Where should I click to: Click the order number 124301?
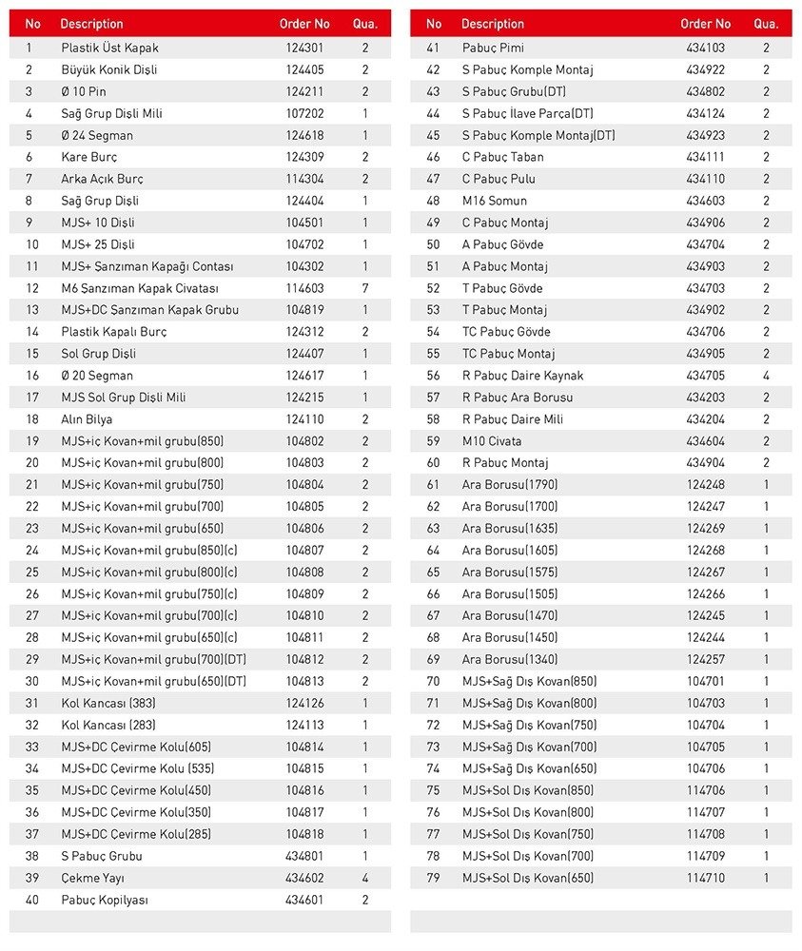pos(304,48)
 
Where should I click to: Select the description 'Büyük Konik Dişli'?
pos(109,69)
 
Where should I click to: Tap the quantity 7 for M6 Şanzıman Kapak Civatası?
pos(365,288)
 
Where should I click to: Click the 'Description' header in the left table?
pos(91,24)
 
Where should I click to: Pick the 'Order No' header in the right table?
pos(706,24)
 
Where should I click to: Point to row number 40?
pos(32,900)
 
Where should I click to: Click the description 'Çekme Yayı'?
pos(92,878)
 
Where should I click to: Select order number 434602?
pos(304,878)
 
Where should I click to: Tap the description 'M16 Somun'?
pos(495,201)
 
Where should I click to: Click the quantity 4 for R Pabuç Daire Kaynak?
pos(766,376)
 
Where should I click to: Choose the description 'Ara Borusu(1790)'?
pos(510,485)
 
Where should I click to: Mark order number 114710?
pos(706,878)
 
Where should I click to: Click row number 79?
pos(434,878)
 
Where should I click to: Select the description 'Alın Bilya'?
pos(87,419)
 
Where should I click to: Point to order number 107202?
pos(304,113)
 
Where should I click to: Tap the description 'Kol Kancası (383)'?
pos(108,704)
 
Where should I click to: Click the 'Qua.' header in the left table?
pos(365,24)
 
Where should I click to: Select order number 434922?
pos(706,69)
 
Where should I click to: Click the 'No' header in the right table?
pos(434,24)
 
